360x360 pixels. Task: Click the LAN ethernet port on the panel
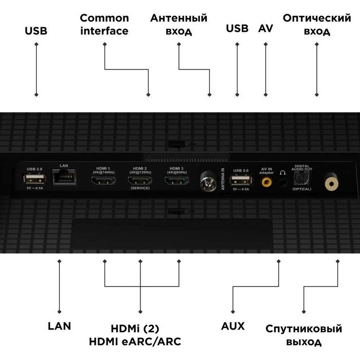[64, 178]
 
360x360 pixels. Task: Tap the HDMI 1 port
[103, 181]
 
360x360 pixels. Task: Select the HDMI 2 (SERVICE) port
[140, 181]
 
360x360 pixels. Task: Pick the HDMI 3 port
[176, 181]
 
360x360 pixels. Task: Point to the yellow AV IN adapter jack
[266, 181]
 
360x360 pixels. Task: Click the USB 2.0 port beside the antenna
[241, 179]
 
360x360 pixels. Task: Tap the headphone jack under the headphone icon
[282, 183]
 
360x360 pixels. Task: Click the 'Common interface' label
[104, 24]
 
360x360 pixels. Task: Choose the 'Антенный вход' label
[178, 24]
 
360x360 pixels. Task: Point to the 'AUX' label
[232, 326]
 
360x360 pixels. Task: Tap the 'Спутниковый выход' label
[303, 335]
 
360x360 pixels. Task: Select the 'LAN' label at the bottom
[59, 326]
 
